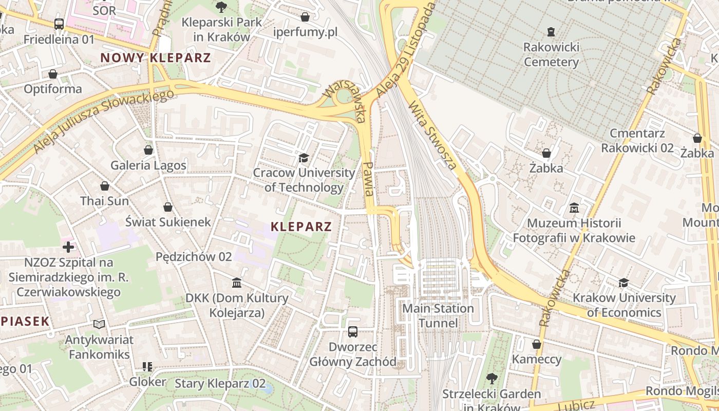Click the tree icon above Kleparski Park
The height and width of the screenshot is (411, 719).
click(x=221, y=7)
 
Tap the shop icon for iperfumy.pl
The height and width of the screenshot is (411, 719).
click(x=305, y=17)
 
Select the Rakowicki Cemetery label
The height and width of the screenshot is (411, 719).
click(x=551, y=54)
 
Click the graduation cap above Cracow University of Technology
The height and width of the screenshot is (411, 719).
click(x=304, y=157)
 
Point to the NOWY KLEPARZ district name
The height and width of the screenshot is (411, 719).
click(x=156, y=58)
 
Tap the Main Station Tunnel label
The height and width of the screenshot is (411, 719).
click(x=438, y=315)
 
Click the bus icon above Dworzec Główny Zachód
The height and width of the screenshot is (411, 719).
click(x=353, y=331)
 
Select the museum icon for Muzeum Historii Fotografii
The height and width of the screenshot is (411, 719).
click(x=574, y=208)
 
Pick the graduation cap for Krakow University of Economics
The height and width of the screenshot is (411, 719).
click(x=623, y=283)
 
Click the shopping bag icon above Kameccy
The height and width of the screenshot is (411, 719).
click(x=537, y=344)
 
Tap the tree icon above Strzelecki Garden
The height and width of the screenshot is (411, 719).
click(x=491, y=379)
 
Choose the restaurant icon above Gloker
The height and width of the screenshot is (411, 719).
click(x=147, y=366)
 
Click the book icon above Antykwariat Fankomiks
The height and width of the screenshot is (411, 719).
click(x=99, y=324)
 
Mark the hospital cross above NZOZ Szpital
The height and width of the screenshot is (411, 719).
click(x=68, y=247)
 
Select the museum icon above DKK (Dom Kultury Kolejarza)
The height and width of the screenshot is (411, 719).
click(x=237, y=283)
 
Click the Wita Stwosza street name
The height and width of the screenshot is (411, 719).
click(x=432, y=135)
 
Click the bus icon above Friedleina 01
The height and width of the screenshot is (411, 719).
click(x=59, y=24)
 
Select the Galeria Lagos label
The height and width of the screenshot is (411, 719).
click(x=148, y=165)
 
